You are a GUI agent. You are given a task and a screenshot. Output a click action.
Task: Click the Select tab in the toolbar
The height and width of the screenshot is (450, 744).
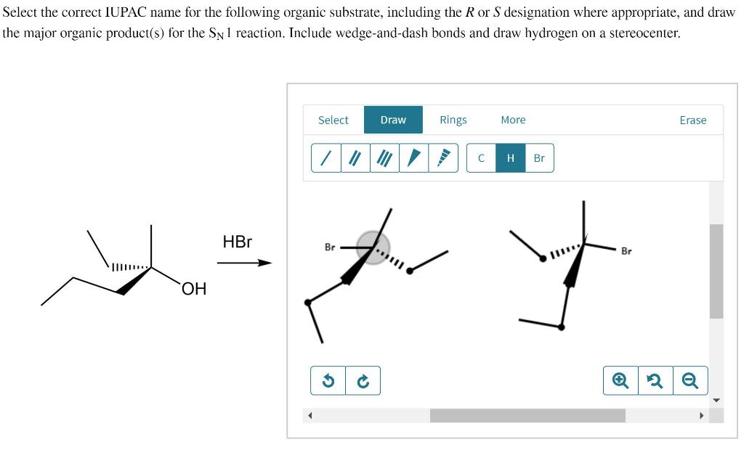pyautogui.click(x=333, y=120)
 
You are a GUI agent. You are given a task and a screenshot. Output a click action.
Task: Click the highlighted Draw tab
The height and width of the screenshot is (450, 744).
pyautogui.click(x=393, y=120)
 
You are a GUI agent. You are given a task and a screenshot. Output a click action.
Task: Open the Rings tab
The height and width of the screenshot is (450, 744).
pyautogui.click(x=453, y=120)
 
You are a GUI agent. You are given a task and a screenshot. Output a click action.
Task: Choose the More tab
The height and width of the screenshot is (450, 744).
pyautogui.click(x=513, y=120)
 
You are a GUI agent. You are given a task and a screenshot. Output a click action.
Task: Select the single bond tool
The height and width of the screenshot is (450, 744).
pyautogui.click(x=326, y=157)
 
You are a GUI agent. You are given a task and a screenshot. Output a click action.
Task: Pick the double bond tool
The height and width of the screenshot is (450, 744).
pyautogui.click(x=355, y=157)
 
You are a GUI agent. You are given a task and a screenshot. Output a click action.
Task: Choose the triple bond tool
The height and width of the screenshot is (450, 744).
pyautogui.click(x=384, y=157)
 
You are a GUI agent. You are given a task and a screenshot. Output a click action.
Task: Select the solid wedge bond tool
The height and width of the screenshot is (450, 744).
pyautogui.click(x=414, y=157)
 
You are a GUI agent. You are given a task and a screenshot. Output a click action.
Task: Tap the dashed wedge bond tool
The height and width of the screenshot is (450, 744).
pyautogui.click(x=443, y=157)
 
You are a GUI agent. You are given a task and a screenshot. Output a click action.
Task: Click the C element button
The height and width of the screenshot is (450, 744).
pyautogui.click(x=481, y=157)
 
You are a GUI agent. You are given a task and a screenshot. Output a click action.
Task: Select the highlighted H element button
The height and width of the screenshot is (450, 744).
pyautogui.click(x=510, y=157)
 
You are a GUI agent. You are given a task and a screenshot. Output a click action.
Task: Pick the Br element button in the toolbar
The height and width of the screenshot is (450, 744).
pyautogui.click(x=539, y=157)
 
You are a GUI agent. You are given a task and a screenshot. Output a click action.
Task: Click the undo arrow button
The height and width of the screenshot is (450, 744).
pyautogui.click(x=328, y=380)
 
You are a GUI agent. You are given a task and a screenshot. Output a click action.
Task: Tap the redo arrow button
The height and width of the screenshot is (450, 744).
pyautogui.click(x=363, y=380)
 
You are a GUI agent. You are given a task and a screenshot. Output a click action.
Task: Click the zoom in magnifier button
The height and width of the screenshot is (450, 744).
pyautogui.click(x=620, y=380)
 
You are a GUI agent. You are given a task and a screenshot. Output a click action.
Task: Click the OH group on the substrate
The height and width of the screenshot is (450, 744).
pyautogui.click(x=194, y=290)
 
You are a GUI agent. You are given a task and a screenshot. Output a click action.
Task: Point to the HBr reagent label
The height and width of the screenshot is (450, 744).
pyautogui.click(x=237, y=242)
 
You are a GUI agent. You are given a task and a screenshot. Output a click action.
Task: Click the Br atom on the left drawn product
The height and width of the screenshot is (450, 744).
pyautogui.click(x=330, y=247)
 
